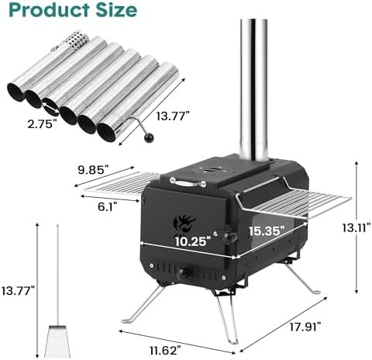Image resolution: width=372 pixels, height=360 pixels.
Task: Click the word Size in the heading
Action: (116, 11)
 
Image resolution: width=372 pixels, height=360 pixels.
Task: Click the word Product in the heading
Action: (50, 10)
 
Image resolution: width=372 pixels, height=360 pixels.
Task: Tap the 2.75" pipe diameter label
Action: (42, 124)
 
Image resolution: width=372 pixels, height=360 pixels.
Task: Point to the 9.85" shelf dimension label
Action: (93, 170)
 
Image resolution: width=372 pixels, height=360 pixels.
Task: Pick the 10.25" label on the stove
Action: (191, 241)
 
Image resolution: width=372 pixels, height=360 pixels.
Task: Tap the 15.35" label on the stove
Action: (267, 230)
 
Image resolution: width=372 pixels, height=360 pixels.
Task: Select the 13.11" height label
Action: (356, 227)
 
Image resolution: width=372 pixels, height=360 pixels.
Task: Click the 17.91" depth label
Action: (305, 327)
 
